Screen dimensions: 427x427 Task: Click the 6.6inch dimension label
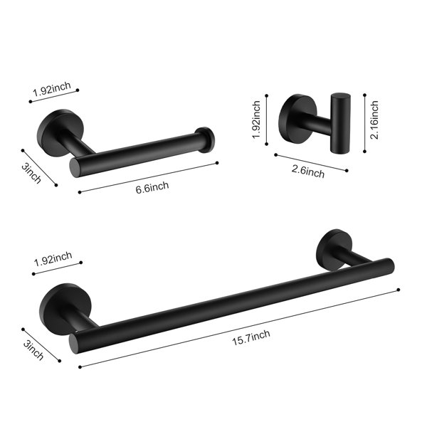(152, 187)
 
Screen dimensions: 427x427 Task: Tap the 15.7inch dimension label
(251, 337)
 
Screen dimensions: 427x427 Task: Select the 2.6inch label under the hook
(308, 171)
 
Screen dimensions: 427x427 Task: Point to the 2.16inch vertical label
(374, 120)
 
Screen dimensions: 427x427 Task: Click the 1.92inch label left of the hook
(256, 120)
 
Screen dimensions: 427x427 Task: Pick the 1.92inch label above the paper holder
(52, 89)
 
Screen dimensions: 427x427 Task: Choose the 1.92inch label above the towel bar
(53, 259)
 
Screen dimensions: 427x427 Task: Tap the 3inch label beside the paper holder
(31, 174)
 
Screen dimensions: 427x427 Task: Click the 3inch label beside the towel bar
(33, 350)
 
